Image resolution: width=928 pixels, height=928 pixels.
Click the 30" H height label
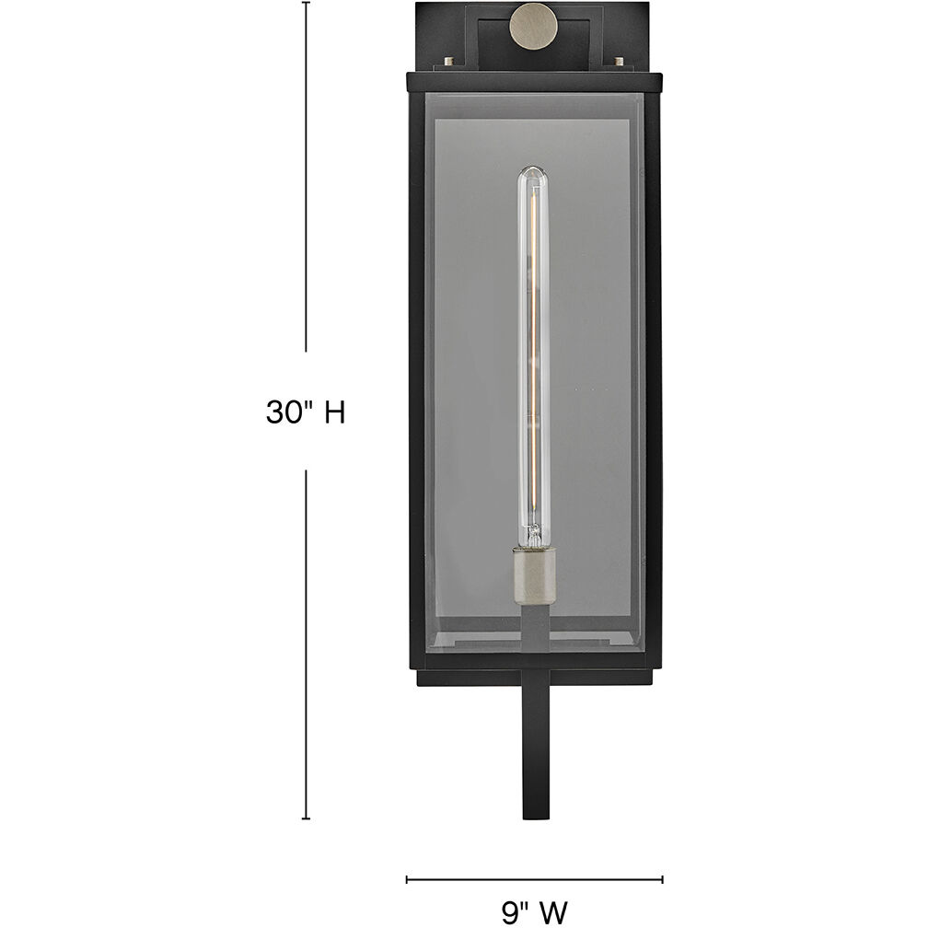(305, 412)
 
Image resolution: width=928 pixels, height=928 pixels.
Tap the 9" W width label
(535, 911)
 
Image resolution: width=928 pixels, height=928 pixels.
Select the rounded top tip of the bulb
(532, 171)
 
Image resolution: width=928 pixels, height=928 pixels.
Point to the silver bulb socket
(533, 571)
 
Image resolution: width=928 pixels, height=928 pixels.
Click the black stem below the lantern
(534, 755)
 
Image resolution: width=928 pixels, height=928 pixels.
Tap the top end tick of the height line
(307, 2)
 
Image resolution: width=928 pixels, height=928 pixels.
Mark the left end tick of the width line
(407, 879)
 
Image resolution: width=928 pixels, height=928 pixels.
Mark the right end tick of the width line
(663, 879)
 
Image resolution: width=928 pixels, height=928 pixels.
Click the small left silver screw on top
(449, 63)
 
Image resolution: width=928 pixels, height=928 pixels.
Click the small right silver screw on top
(617, 63)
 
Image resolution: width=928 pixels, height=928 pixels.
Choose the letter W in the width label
(553, 911)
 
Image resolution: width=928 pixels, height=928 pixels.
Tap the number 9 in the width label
(510, 911)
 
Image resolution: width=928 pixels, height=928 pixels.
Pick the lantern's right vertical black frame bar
(653, 368)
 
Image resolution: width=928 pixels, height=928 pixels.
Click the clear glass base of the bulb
(532, 534)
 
